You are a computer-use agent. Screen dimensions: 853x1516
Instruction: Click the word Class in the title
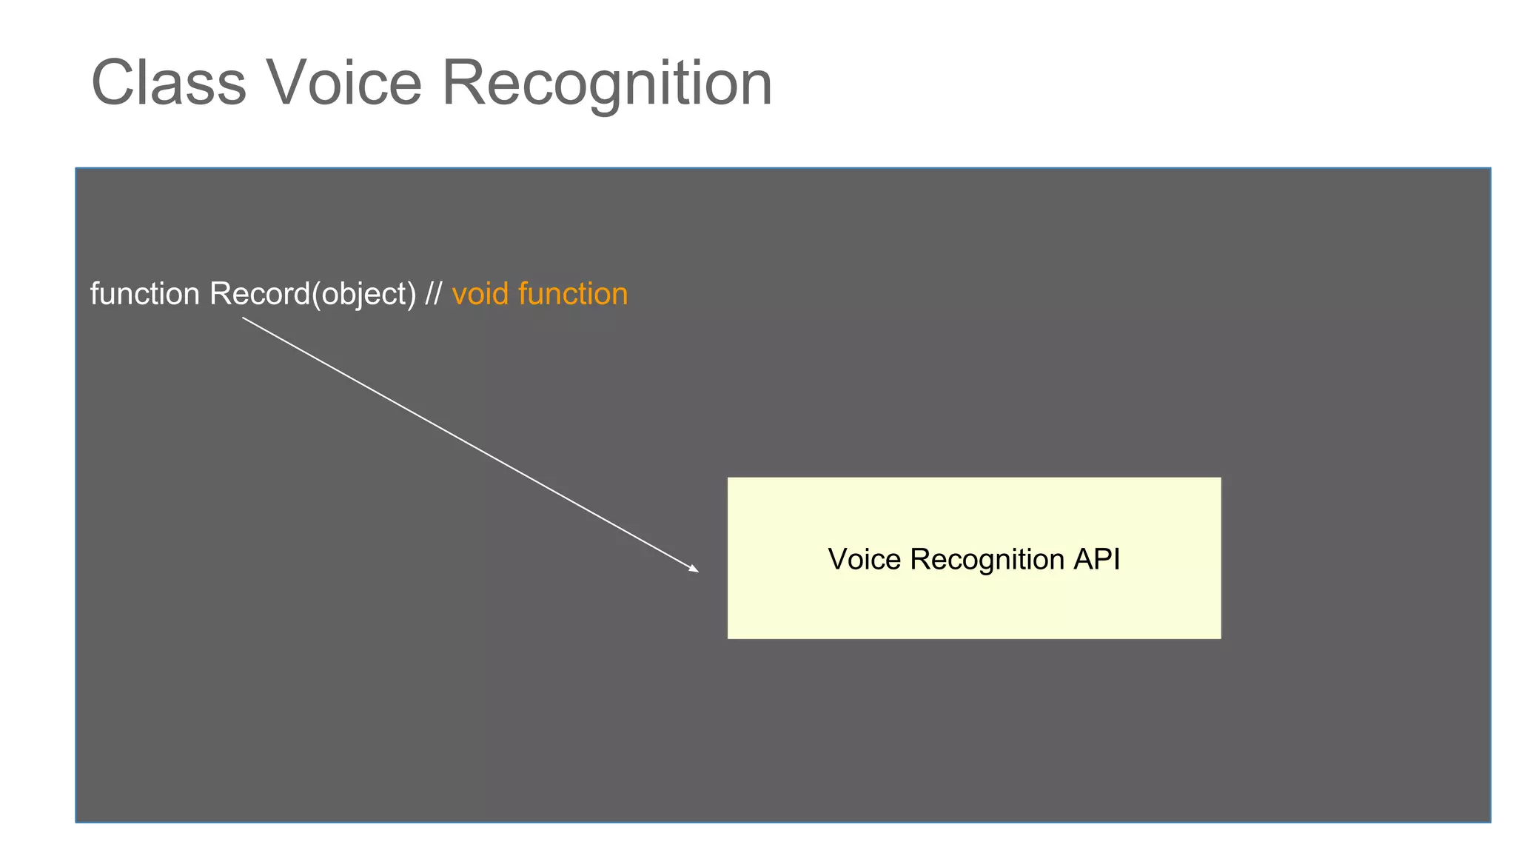168,83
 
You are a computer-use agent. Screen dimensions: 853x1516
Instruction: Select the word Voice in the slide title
344,83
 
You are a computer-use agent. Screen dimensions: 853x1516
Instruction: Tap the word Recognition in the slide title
607,83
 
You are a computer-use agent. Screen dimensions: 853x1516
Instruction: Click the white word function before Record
145,294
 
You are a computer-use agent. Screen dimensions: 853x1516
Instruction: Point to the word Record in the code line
260,294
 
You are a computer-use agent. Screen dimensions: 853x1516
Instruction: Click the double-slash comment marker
433,294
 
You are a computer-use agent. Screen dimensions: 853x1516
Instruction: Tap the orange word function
573,294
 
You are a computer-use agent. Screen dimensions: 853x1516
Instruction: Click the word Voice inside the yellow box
865,559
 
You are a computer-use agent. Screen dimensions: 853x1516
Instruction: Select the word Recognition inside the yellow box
987,560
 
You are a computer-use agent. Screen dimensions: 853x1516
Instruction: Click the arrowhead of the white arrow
694,569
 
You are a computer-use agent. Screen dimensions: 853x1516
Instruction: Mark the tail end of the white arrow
243,318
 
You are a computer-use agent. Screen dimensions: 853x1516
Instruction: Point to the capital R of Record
220,294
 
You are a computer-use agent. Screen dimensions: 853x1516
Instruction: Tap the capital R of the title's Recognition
464,83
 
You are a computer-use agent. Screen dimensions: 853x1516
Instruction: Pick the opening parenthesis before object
316,295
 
